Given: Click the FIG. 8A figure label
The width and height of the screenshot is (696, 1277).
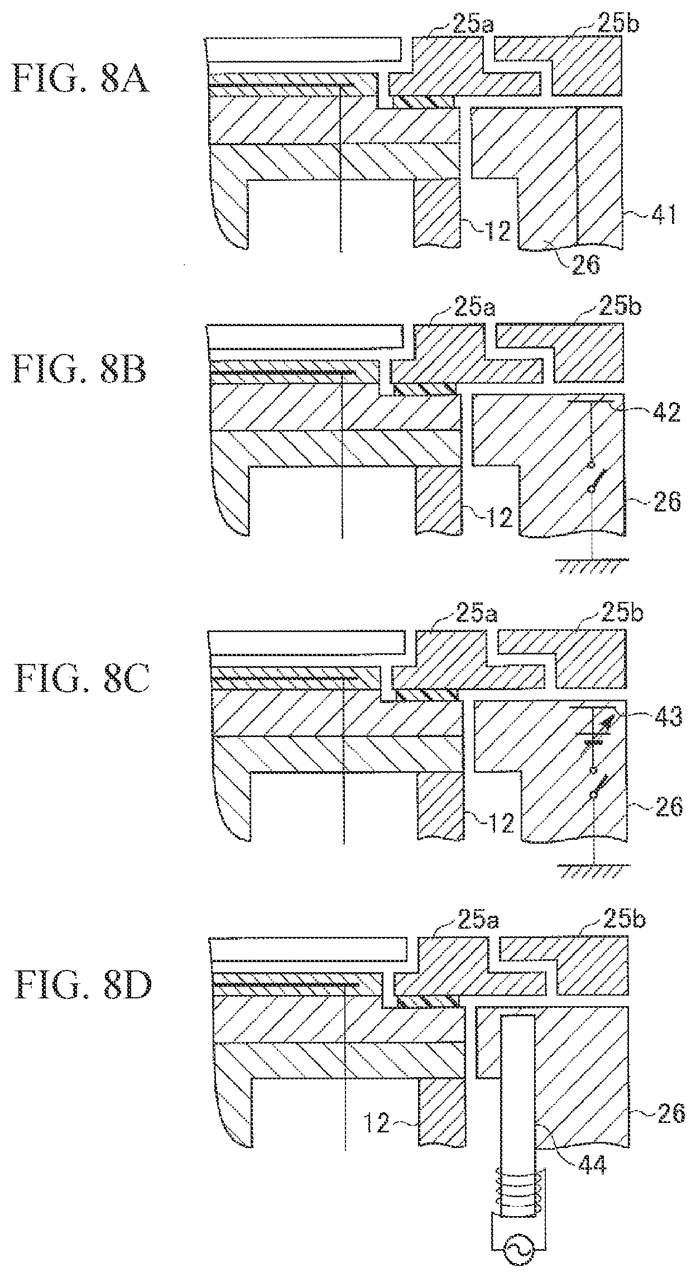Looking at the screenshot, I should [x=81, y=78].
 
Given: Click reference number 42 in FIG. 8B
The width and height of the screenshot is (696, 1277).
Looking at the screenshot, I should [x=666, y=414].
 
